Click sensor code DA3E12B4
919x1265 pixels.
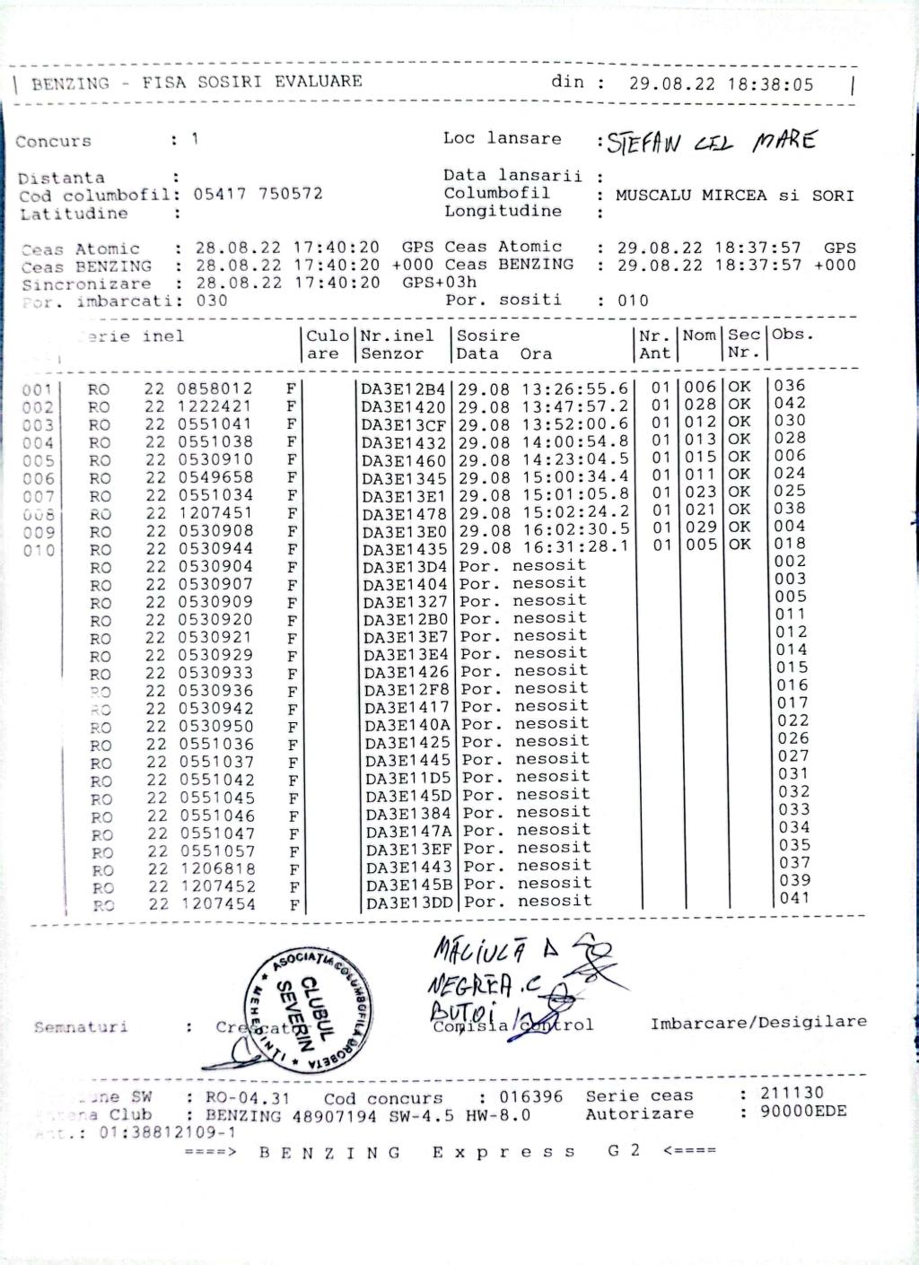point(403,389)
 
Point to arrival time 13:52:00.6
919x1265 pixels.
point(570,424)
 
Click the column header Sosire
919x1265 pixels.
point(488,336)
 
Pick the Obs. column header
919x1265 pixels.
point(793,335)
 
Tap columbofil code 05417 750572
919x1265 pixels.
point(258,194)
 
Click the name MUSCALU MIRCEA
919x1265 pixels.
point(691,196)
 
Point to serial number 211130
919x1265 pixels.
point(792,1094)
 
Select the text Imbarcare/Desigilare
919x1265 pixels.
point(758,1022)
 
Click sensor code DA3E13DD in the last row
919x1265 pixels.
point(409,903)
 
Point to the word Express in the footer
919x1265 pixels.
point(503,1152)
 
